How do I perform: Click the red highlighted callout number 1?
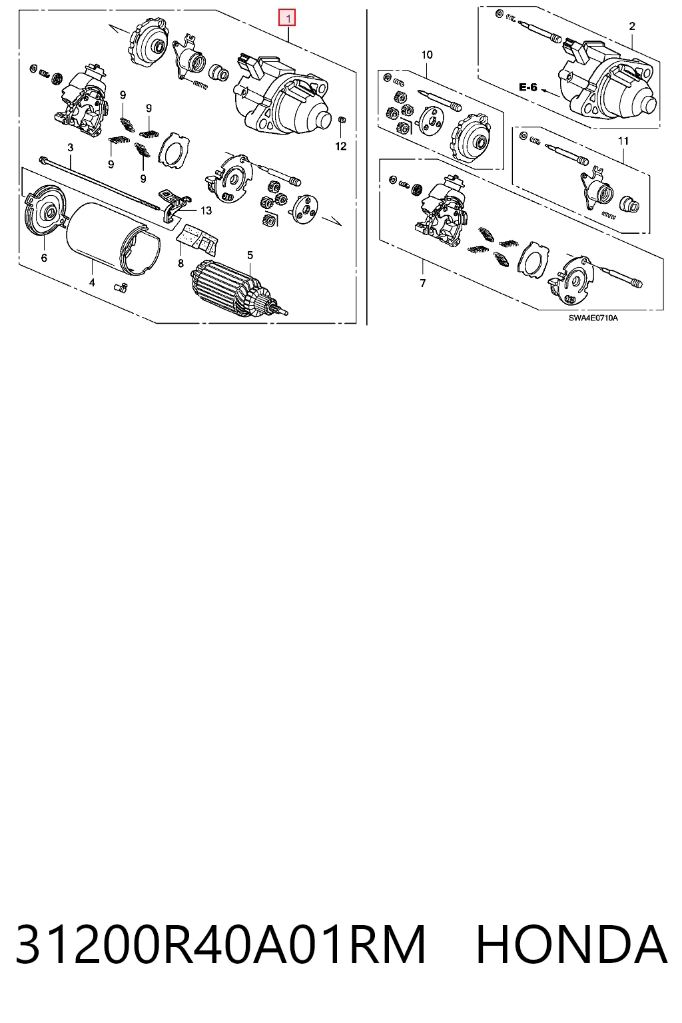coord(287,18)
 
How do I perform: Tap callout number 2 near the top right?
coord(632,27)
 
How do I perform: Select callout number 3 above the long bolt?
coord(71,147)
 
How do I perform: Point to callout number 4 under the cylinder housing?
coord(92,282)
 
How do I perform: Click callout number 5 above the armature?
coord(250,255)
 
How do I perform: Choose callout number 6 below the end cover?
coord(44,258)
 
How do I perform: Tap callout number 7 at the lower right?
coord(422,283)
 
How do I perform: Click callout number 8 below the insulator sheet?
coord(181,263)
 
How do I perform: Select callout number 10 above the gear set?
coord(427,55)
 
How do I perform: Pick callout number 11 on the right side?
coord(623,141)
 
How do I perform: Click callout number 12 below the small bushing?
coord(341,146)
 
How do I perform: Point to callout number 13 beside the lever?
coord(206,210)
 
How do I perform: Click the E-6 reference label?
coord(528,87)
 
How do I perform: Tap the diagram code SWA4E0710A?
coord(593,318)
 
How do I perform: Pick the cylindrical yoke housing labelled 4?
coord(113,239)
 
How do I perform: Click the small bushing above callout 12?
coord(341,120)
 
